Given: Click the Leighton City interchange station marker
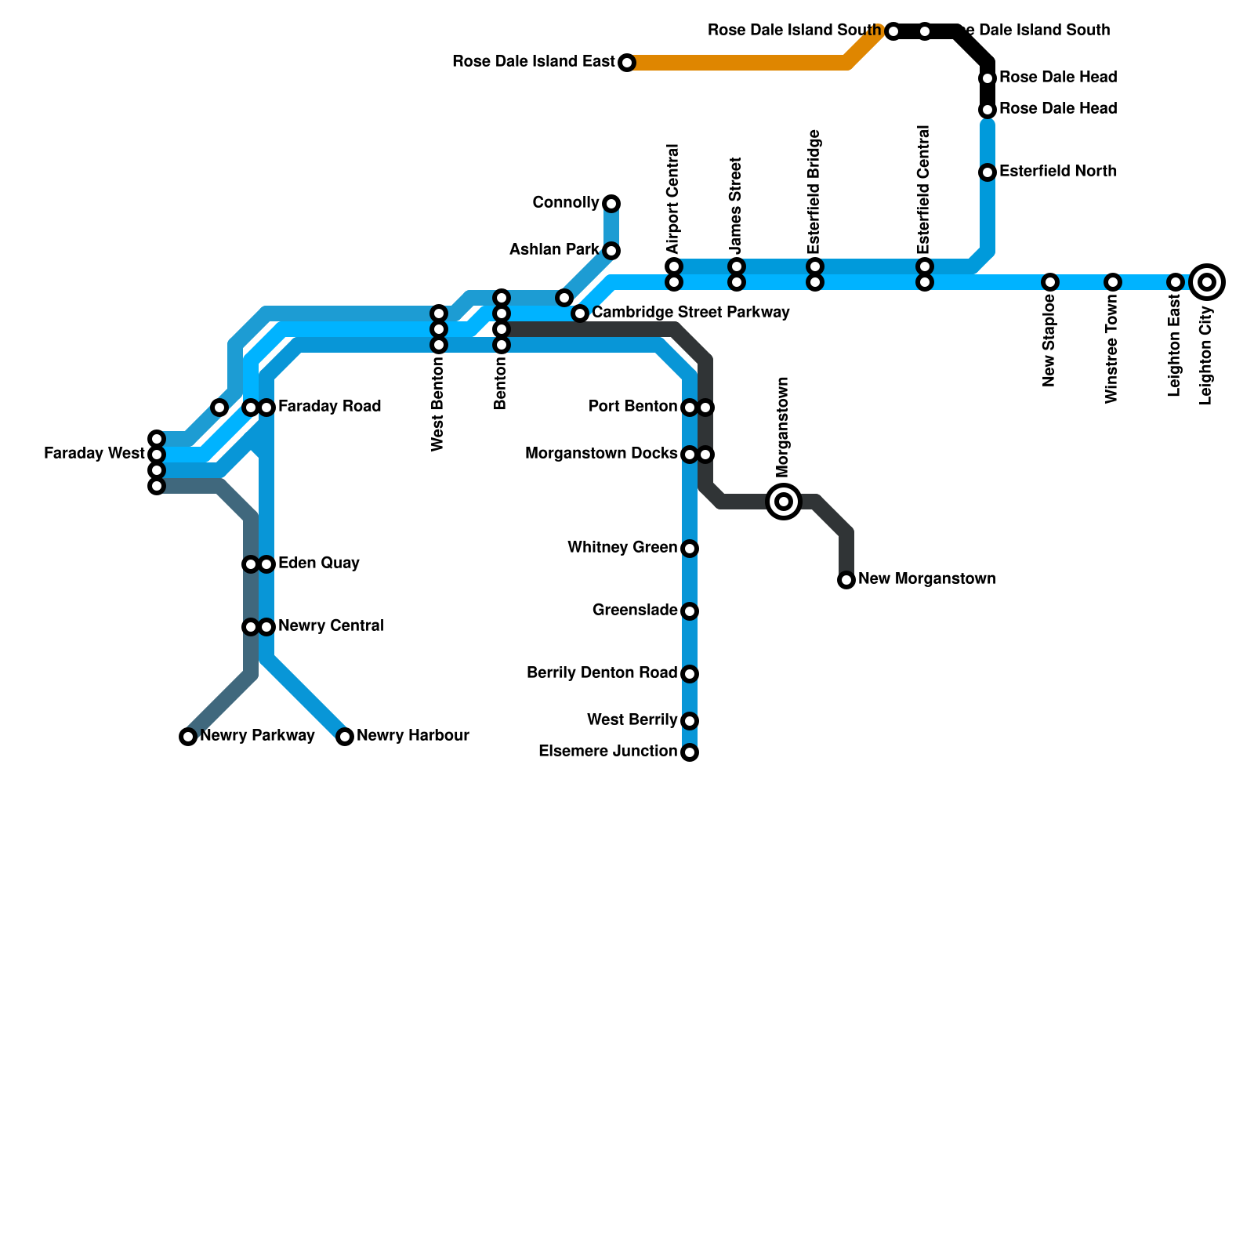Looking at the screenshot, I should [x=1207, y=282].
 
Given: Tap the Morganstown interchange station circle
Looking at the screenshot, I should [x=784, y=501].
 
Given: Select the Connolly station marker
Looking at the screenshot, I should [x=611, y=204].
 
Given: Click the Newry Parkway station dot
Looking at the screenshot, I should [x=188, y=736].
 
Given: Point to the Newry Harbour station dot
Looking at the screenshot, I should [x=345, y=736].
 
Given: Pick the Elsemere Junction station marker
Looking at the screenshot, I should [x=690, y=752].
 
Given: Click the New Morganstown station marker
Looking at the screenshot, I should [x=846, y=580].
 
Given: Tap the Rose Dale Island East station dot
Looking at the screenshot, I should [x=627, y=63].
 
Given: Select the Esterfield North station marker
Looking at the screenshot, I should [x=988, y=172].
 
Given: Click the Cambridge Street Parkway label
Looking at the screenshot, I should [x=690, y=313].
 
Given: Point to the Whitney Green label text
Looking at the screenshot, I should [x=622, y=547].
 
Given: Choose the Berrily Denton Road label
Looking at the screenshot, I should [x=602, y=672].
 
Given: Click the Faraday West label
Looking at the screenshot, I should [x=94, y=453].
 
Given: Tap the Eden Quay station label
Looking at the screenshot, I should [x=319, y=563].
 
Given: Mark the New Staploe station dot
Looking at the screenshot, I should [x=1050, y=282].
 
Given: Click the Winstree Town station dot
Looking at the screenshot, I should [x=1113, y=282].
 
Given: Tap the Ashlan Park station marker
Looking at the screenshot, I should [x=611, y=251].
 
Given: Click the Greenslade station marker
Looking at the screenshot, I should [x=690, y=611].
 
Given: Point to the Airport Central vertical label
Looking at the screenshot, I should [x=672, y=199].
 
